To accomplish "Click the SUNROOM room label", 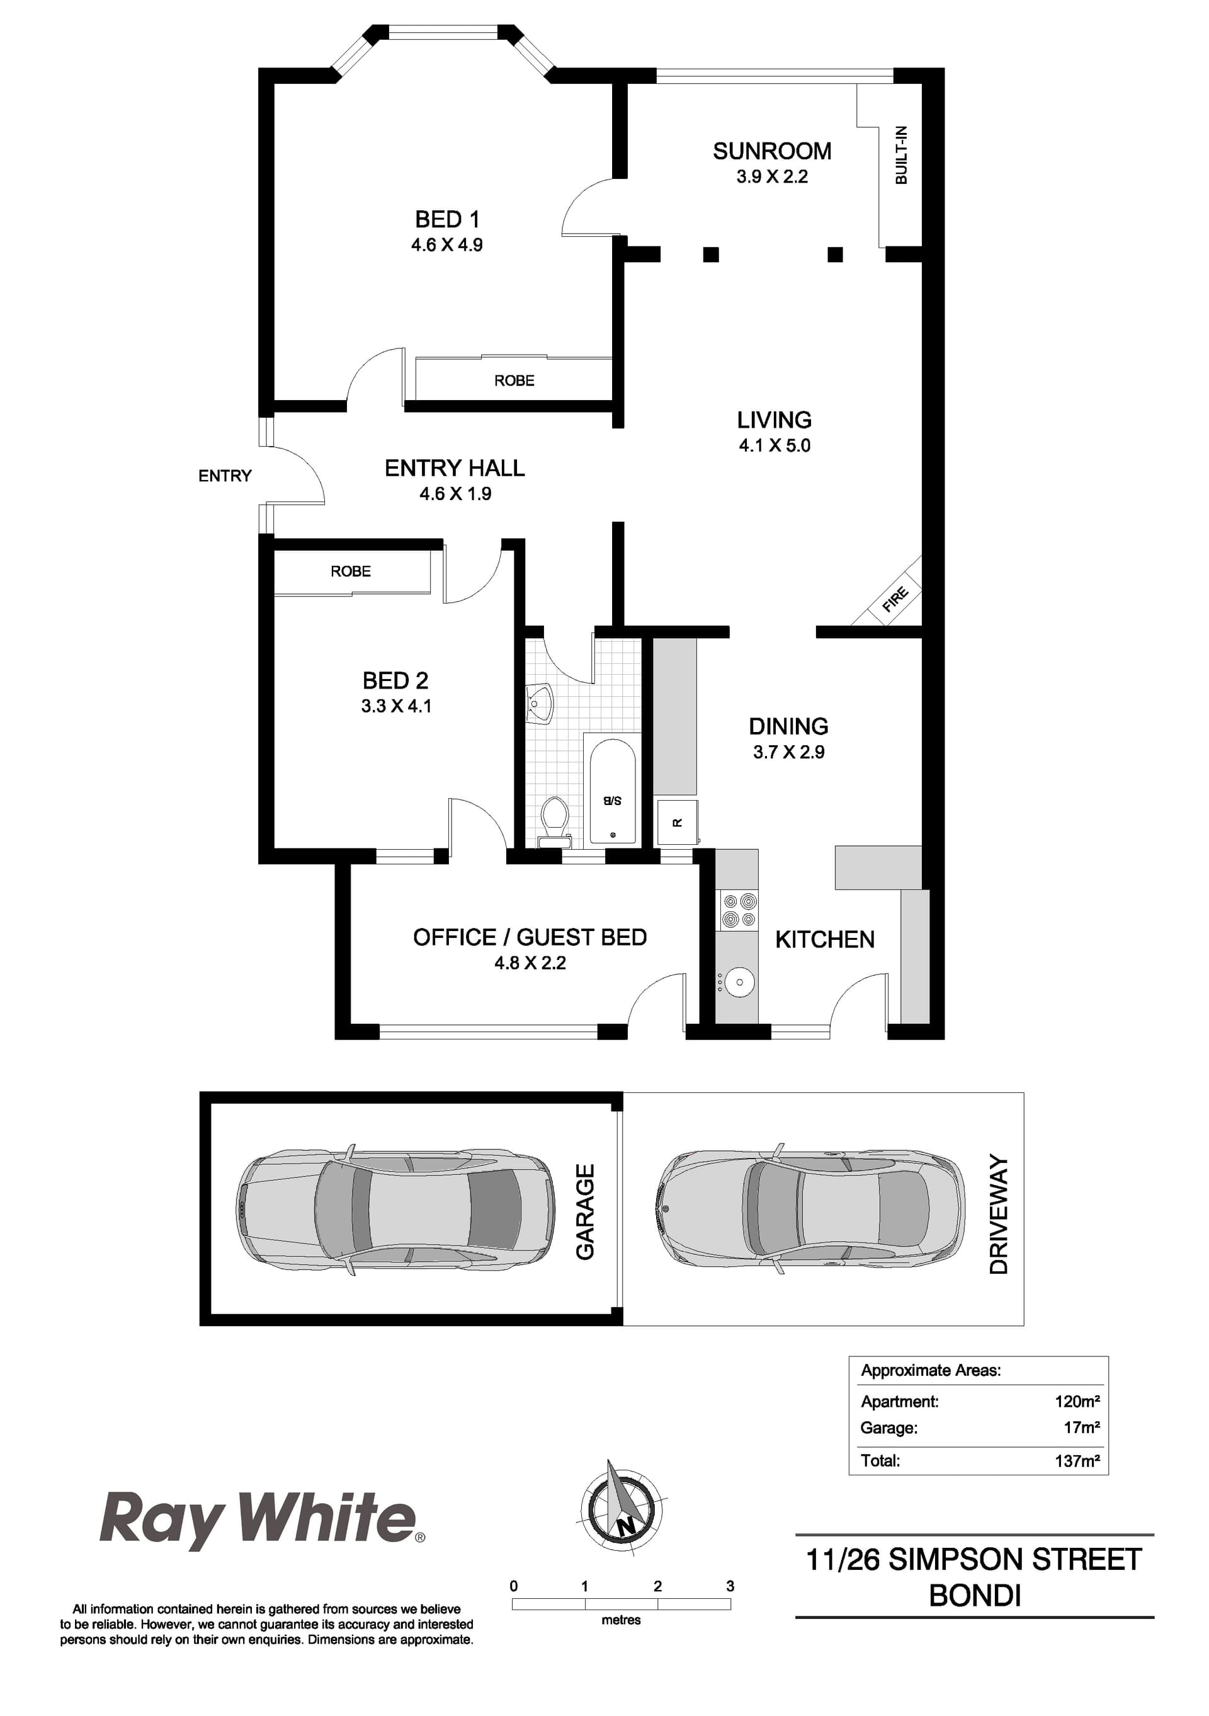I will tap(771, 151).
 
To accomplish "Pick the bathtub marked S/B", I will tap(613, 791).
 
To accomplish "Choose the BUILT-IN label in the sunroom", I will tap(901, 156).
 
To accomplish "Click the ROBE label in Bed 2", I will tap(351, 571).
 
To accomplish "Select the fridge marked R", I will tap(677, 823).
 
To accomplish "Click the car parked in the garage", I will tap(395, 1211).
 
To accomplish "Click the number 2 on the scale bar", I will tap(657, 1586).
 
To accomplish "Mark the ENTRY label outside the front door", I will tap(225, 476).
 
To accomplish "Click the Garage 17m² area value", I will tap(1081, 1427).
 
